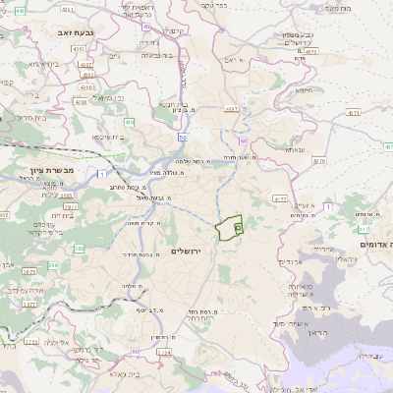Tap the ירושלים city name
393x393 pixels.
(185, 252)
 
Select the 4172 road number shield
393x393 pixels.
(281, 198)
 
